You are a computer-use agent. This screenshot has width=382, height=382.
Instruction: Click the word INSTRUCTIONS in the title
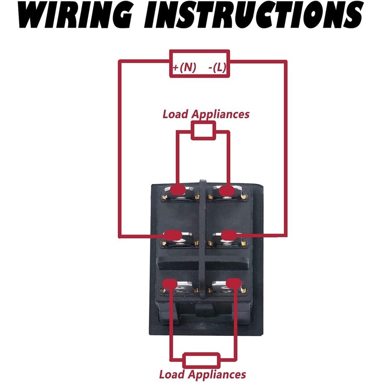253,15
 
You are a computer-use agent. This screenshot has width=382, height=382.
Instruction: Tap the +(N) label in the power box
184,67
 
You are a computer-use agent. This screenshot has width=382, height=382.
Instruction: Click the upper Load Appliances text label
206,114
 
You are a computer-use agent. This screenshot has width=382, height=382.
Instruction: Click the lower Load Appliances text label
203,374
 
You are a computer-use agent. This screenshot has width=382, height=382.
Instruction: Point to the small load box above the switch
203,131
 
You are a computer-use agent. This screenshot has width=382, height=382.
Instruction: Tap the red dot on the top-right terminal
227,190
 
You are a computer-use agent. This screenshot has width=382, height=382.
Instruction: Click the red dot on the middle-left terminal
173,236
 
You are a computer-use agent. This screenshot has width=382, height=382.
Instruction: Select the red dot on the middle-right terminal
229,235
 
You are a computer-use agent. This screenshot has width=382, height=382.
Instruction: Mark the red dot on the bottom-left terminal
170,284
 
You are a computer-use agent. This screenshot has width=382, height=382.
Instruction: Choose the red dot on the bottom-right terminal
234,284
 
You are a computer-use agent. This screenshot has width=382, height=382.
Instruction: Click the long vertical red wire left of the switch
120,148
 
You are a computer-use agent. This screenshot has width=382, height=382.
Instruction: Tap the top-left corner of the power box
170,50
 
